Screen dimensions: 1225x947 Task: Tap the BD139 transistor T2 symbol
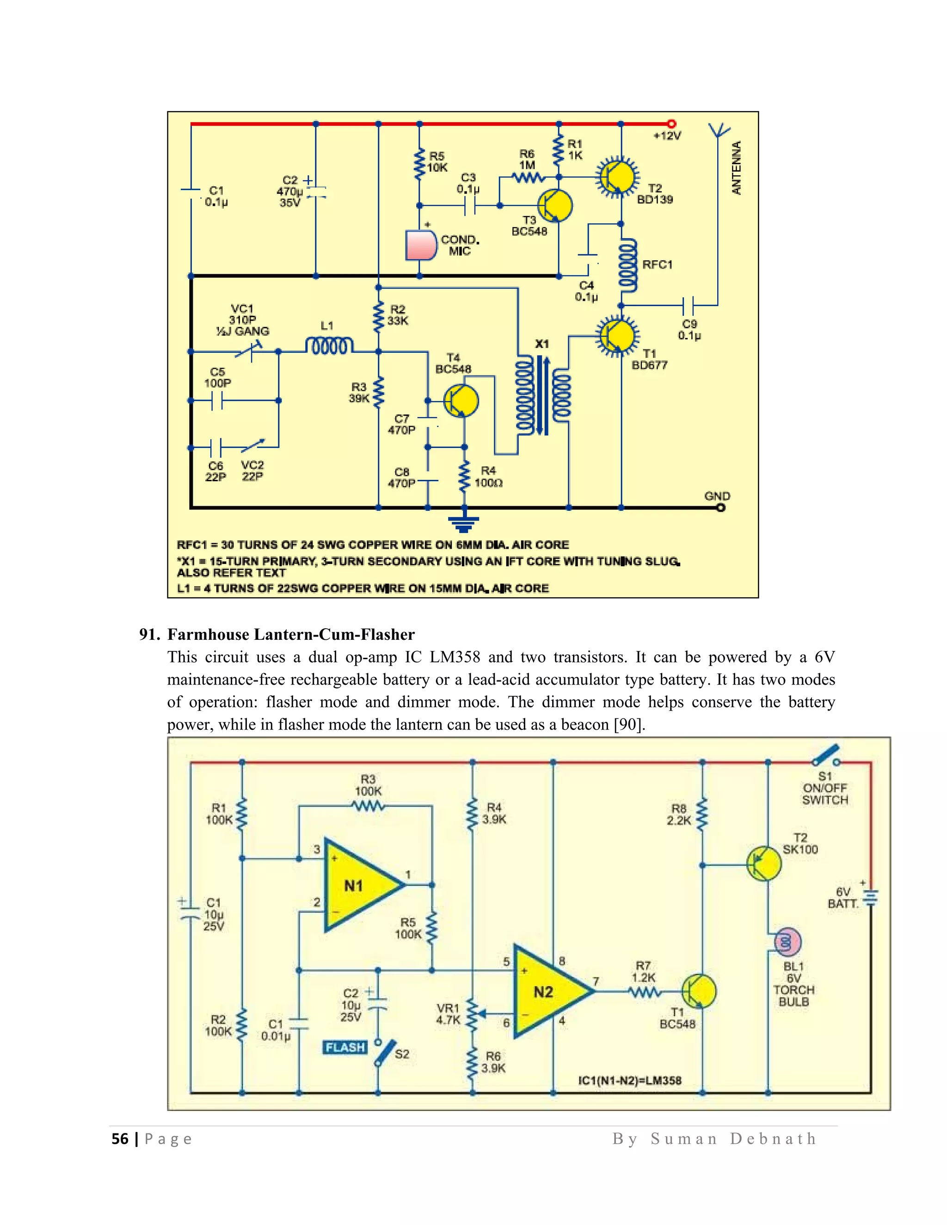[x=616, y=177]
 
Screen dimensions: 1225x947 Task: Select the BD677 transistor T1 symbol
[x=616, y=336]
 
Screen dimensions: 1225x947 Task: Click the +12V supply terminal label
[x=667, y=136]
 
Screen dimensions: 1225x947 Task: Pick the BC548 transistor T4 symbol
[x=461, y=400]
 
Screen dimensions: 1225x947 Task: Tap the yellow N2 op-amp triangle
[x=547, y=992]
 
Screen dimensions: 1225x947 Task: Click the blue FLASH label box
[x=345, y=1047]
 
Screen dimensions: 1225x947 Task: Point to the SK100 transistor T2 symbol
[x=763, y=864]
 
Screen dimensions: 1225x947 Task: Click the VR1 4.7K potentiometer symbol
[x=473, y=1014]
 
